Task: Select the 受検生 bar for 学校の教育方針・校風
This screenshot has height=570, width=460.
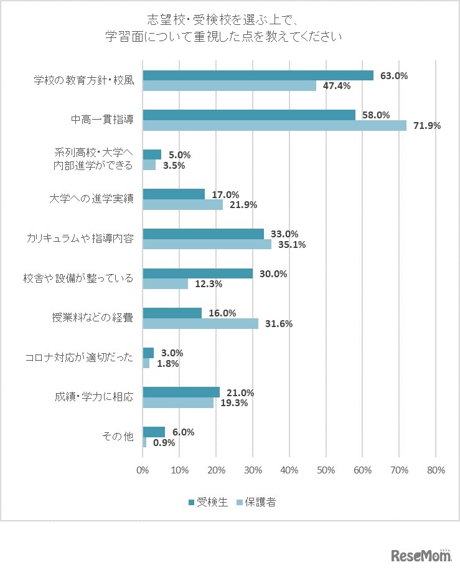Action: [x=258, y=75]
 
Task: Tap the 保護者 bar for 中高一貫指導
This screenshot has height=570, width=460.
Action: [x=275, y=125]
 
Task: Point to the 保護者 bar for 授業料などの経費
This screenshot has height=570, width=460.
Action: [x=200, y=323]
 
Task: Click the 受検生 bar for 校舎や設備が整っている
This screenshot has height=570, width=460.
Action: [x=197, y=273]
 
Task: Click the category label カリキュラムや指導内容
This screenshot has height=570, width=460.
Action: [x=80, y=239]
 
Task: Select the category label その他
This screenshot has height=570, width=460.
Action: [x=118, y=437]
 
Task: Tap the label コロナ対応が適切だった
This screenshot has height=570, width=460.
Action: [x=79, y=358]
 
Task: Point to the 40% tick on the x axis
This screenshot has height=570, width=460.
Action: [x=289, y=470]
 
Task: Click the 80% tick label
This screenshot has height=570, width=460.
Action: [x=436, y=470]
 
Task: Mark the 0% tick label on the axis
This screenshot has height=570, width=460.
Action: [x=143, y=470]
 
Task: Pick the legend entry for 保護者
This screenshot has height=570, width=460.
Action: [x=256, y=502]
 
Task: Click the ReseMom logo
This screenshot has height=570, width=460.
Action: [x=420, y=554]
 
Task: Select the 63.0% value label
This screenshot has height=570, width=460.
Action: [x=394, y=76]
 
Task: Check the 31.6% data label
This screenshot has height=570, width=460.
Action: [x=279, y=323]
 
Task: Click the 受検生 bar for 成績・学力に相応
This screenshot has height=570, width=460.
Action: [x=181, y=392]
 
